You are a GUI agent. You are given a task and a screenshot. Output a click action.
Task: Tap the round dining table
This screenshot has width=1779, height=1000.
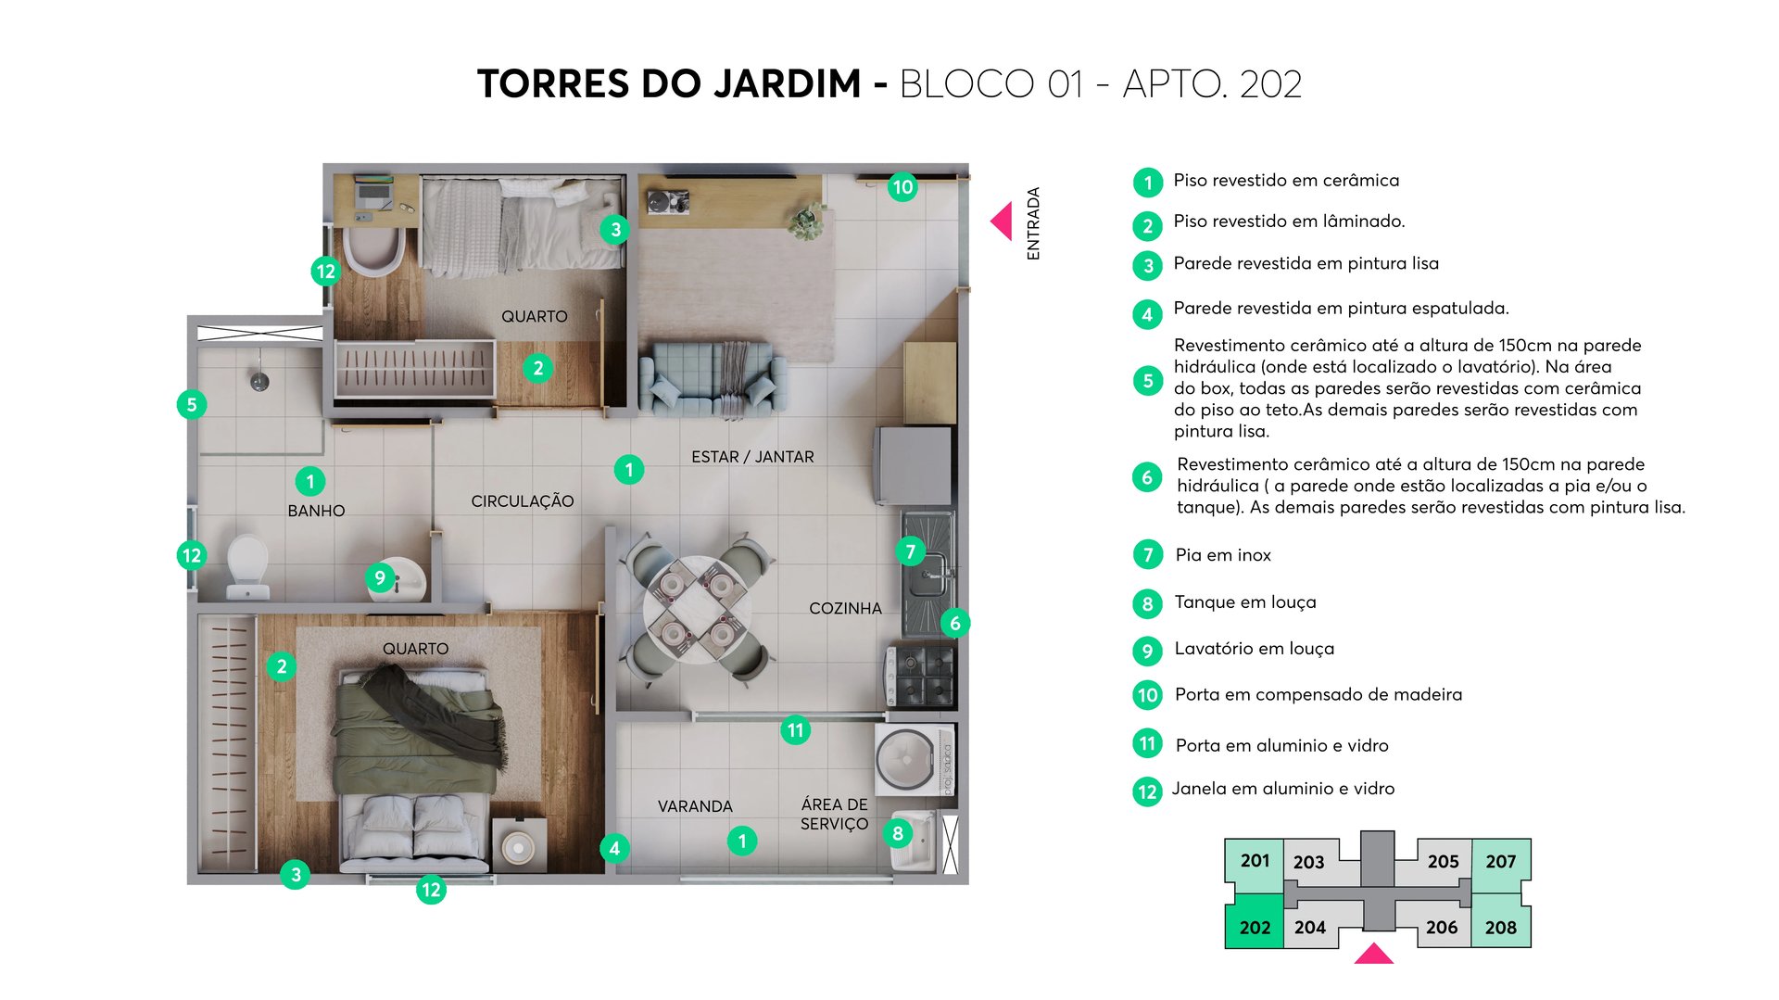[697, 609]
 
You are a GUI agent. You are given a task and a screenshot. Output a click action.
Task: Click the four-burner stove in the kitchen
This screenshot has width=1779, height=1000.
[921, 676]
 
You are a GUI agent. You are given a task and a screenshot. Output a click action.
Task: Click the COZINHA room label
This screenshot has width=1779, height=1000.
[845, 608]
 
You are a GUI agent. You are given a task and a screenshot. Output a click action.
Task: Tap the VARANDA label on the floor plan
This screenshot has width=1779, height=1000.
[695, 806]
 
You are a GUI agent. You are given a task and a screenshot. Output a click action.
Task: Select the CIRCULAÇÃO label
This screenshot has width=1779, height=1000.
[523, 501]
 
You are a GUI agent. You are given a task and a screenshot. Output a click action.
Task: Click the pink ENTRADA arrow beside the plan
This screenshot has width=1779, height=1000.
[1002, 222]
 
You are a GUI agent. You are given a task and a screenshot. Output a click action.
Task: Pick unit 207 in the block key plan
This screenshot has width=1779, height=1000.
[1501, 862]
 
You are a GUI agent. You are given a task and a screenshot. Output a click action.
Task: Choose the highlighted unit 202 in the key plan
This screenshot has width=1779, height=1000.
[1255, 927]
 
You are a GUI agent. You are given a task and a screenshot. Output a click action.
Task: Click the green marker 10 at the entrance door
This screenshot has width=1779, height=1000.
[902, 187]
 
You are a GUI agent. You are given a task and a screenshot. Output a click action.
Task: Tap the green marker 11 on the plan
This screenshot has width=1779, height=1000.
[795, 730]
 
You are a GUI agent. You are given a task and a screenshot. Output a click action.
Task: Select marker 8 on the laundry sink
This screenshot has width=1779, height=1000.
[897, 833]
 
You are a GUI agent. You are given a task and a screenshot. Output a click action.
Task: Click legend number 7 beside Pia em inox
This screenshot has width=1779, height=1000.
[1148, 555]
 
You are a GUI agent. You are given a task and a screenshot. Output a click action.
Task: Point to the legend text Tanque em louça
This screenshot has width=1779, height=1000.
[1245, 602]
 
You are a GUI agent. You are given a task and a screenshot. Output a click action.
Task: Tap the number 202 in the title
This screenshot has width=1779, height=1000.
[1270, 84]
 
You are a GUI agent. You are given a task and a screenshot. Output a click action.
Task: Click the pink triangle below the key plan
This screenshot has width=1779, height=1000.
[1373, 955]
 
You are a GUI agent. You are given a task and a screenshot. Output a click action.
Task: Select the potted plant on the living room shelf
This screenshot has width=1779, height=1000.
[806, 221]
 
